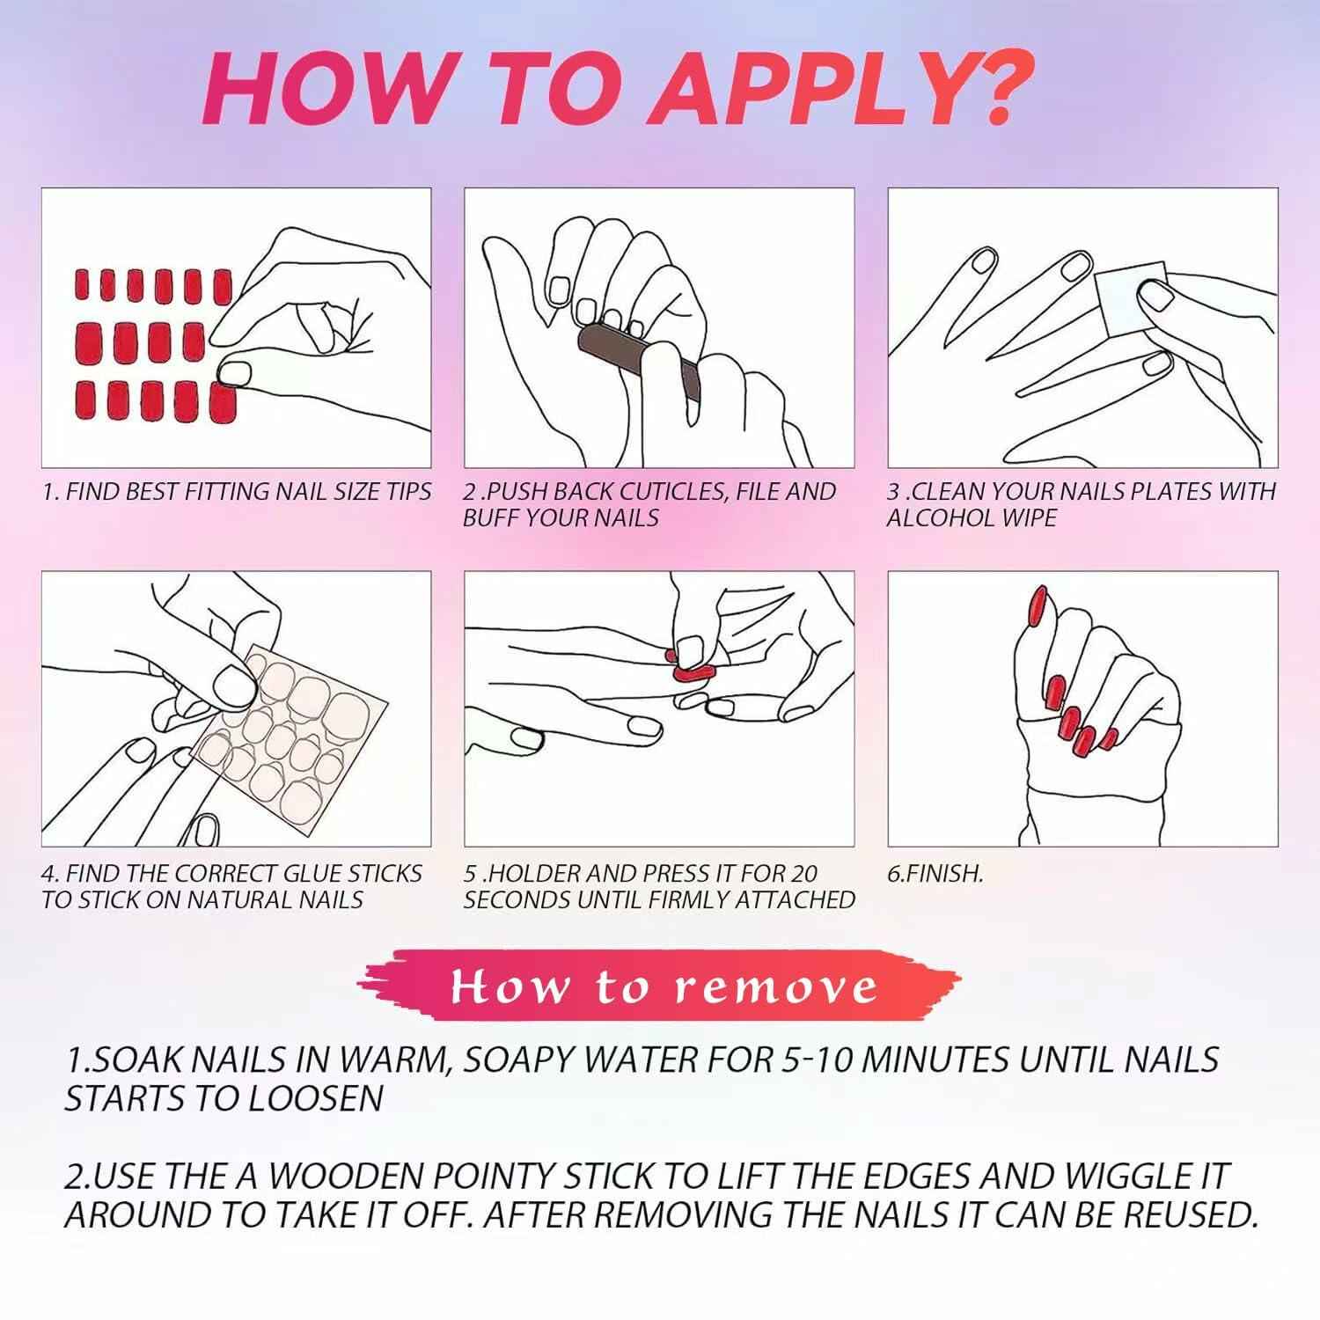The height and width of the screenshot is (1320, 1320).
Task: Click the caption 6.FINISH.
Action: (935, 873)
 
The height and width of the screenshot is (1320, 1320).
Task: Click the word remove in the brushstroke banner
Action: (777, 987)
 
